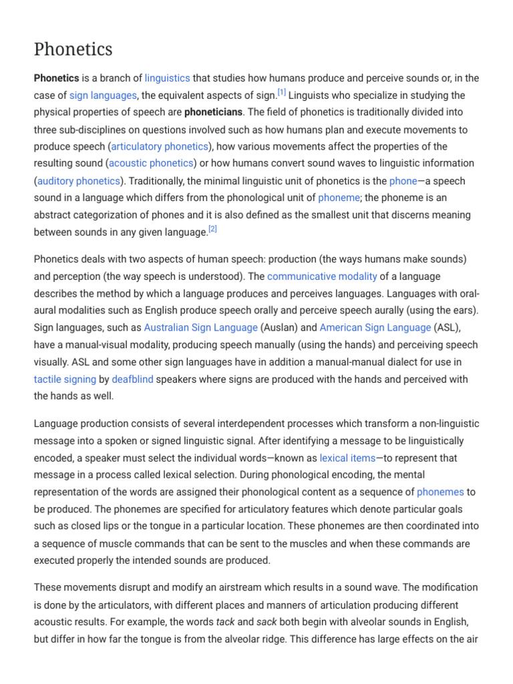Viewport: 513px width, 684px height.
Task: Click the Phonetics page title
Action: coord(73,49)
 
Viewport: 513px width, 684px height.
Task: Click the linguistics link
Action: coord(168,78)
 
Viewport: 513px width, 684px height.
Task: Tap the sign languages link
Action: coord(104,96)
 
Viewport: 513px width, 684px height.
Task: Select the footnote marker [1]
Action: coord(282,92)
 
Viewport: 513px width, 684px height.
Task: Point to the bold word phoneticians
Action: coord(213,112)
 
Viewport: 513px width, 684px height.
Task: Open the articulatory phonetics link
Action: coord(160,146)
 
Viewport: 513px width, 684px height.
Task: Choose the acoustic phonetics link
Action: coord(151,164)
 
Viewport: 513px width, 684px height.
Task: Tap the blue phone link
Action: coord(403,181)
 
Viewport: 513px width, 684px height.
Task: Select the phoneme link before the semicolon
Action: coord(339,198)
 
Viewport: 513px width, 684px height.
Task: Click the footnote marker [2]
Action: coord(213,228)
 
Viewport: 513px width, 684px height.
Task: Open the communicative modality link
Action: coord(322,276)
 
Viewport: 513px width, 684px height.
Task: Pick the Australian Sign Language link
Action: coord(201,327)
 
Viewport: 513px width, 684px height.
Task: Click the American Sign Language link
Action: coord(375,327)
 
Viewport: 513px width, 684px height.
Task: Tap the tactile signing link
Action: coord(65,379)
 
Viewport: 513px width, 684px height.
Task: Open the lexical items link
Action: coord(347,458)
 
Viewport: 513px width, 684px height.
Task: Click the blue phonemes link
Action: coord(440,492)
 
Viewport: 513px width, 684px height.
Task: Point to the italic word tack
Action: coord(226,622)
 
